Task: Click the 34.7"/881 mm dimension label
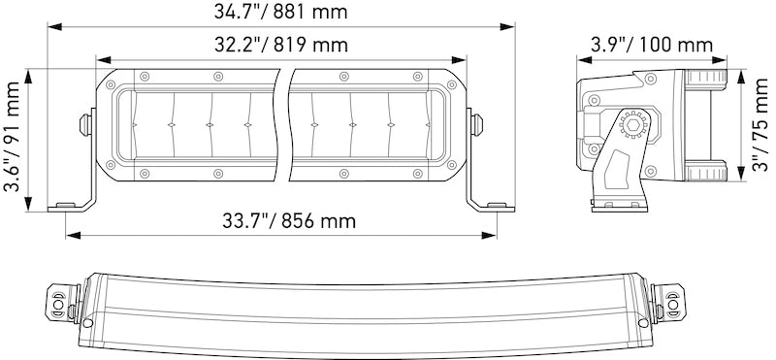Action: point(281,13)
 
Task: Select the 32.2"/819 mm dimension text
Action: point(281,45)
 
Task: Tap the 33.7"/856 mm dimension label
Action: point(281,221)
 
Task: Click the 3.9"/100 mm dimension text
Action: point(651,45)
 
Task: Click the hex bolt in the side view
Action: point(636,124)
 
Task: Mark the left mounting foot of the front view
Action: point(66,205)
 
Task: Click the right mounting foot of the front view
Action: point(495,205)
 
